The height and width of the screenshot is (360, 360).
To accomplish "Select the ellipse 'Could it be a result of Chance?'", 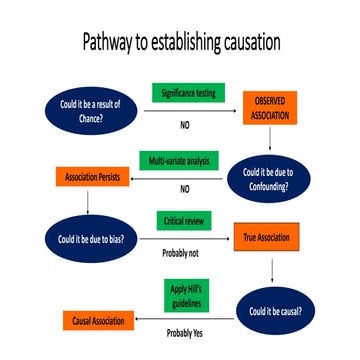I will (x=87, y=109).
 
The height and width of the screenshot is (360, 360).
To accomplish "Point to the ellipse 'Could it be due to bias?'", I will (x=89, y=241).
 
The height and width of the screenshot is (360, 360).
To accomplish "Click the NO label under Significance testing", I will (x=185, y=126).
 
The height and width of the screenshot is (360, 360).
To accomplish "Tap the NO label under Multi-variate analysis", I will (x=184, y=188).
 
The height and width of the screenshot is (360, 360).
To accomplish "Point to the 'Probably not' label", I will (x=183, y=254).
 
